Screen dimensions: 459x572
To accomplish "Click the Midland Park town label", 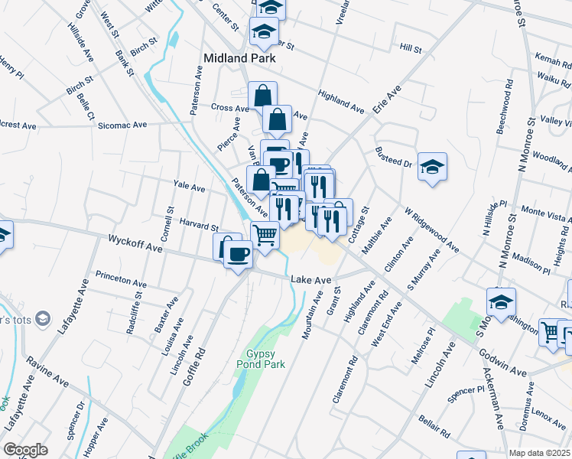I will coord(239,57).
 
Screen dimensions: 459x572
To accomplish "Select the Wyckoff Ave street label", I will coord(135,244).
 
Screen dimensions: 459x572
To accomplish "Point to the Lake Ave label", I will coord(310,281).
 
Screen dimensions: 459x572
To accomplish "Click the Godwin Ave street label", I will coord(503,363).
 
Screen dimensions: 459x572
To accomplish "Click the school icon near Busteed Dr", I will coord(432,167).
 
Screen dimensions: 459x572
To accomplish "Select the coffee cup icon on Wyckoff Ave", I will coord(239,254).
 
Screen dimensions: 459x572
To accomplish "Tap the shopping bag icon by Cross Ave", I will coord(262,96).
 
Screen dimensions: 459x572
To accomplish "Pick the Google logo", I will coord(25,450).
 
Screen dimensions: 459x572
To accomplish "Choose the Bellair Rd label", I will coord(434,426).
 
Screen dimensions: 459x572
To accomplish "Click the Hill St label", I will coord(411,49).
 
